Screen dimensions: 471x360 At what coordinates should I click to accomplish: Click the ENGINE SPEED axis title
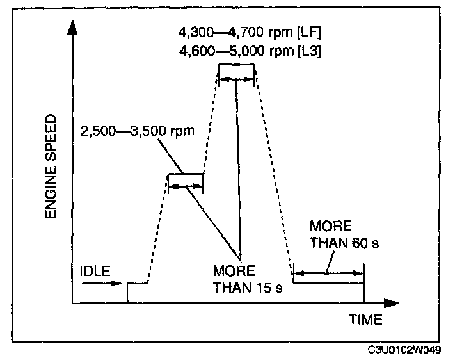coord(52,168)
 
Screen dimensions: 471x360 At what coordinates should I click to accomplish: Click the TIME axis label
coord(365,318)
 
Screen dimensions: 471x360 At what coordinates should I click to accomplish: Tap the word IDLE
coord(93,270)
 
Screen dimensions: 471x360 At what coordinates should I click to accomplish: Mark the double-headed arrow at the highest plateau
coord(236,79)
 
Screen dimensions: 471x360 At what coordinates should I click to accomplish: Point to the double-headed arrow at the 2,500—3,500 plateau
coord(186,185)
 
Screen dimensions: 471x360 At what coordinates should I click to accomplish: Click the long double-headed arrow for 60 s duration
coord(328,274)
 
